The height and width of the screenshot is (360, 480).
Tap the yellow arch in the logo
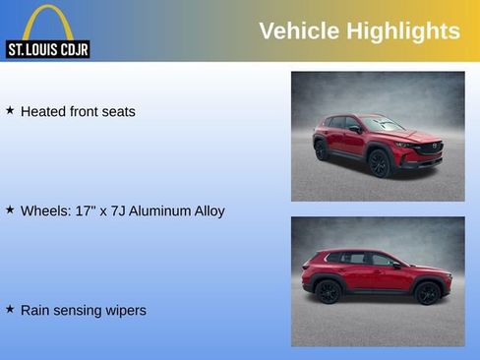pos(47,22)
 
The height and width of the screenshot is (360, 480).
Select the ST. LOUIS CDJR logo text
pos(47,49)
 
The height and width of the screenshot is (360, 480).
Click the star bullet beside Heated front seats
pos(10,110)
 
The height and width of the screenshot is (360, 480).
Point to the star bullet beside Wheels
pos(10,210)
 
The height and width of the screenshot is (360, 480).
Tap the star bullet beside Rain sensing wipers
pos(10,309)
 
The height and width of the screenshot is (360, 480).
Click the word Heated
pos(43,111)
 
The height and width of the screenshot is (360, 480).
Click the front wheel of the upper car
pos(379,162)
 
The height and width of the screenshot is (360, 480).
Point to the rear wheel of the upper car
pos(322,150)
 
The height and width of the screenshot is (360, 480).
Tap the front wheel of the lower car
pos(428,292)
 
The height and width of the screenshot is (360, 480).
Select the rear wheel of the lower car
pos(328,292)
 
